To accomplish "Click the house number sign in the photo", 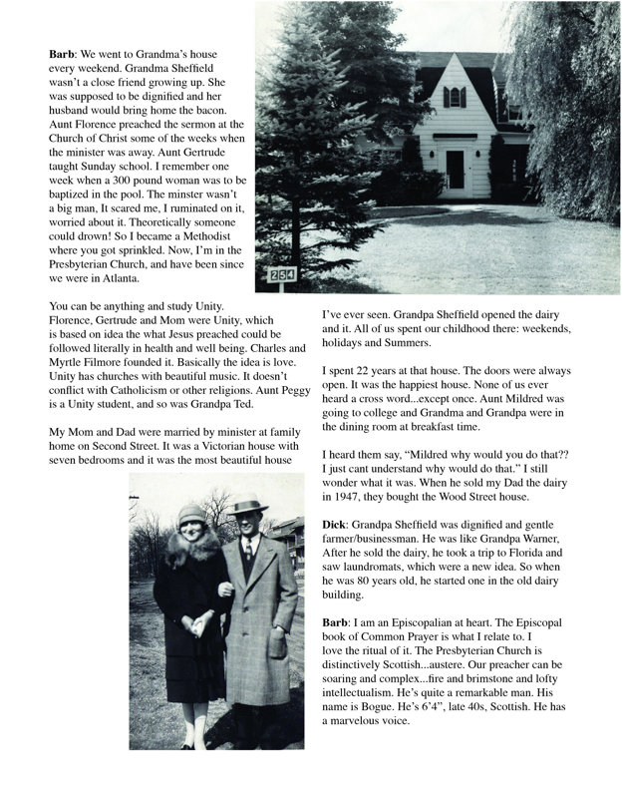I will point(281,275).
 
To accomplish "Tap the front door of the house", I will point(455,173).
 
